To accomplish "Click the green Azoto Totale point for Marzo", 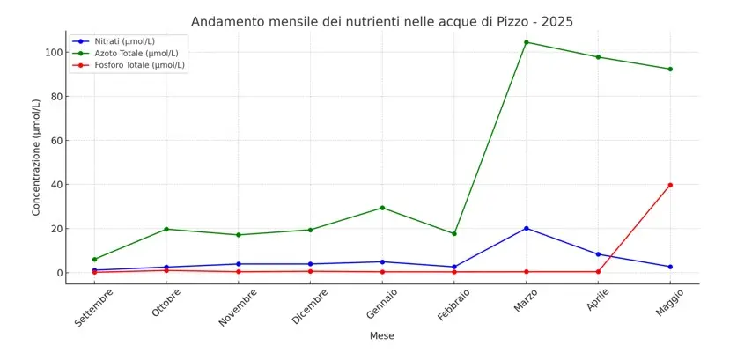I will click(x=527, y=42).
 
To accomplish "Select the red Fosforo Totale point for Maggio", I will click(x=670, y=185).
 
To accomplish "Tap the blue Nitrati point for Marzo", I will click(x=527, y=229).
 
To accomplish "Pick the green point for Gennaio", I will click(x=382, y=208).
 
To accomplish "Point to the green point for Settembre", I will click(x=94, y=260).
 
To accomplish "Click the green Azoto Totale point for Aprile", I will click(x=598, y=57).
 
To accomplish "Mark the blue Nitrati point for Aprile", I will click(x=598, y=254).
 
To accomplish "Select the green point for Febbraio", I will click(x=454, y=234).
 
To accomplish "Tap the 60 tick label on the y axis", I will click(x=55, y=141).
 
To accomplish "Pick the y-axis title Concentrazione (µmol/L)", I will click(x=36, y=158).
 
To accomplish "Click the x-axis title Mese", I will click(x=381, y=336).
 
